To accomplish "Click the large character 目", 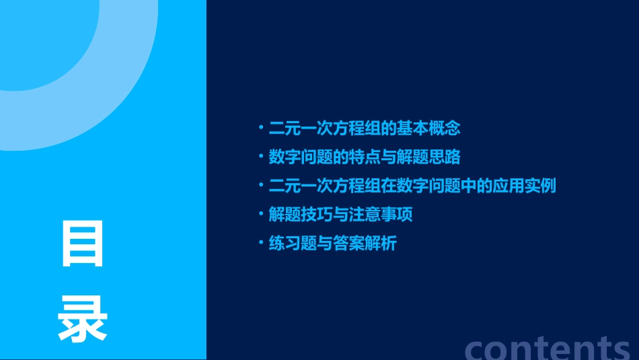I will [x=83, y=246].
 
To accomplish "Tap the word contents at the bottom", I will [x=548, y=347].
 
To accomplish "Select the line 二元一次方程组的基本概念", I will [x=364, y=128].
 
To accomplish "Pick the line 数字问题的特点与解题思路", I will [x=364, y=157].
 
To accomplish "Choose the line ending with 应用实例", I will [x=412, y=186].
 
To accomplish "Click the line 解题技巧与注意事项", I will [x=340, y=215].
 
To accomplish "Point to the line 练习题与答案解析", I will [x=332, y=244].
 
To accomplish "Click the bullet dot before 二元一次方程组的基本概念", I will [x=261, y=127].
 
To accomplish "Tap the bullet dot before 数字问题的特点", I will [x=261, y=156].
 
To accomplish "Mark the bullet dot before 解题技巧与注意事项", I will [x=261, y=214].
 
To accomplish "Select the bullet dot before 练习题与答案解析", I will [x=261, y=243].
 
